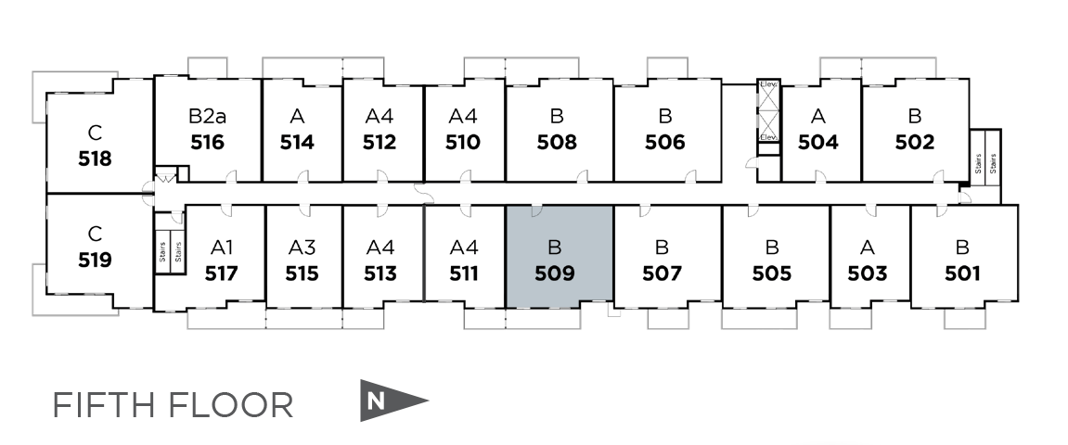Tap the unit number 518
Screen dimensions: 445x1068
(x=95, y=159)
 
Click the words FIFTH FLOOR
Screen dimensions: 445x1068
(x=173, y=405)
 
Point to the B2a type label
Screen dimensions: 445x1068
(x=207, y=117)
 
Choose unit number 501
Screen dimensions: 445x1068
(x=962, y=273)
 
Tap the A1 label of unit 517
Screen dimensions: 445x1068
(x=221, y=248)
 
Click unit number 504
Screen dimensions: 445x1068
(x=818, y=143)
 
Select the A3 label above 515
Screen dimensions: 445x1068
(x=302, y=248)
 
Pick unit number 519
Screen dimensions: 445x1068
(x=95, y=260)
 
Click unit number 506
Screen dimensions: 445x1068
(x=665, y=143)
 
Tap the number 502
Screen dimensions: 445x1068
(x=914, y=143)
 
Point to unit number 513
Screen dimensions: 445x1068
(x=380, y=273)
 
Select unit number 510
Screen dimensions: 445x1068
(x=462, y=143)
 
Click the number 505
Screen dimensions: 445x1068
(x=772, y=273)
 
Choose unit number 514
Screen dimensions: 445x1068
(x=297, y=143)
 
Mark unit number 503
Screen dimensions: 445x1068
(x=868, y=273)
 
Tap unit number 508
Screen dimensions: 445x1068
(x=557, y=143)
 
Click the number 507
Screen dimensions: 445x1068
(x=663, y=273)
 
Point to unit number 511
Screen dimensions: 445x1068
(x=463, y=273)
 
